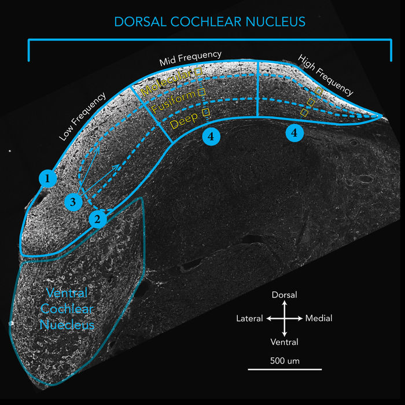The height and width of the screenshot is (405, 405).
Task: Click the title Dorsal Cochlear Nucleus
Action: click(x=209, y=22)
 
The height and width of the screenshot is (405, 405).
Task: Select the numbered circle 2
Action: click(x=98, y=219)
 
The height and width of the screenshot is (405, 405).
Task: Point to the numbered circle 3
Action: click(x=73, y=202)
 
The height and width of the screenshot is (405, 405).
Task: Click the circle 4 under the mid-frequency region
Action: click(x=211, y=136)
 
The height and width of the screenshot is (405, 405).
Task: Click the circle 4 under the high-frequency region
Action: click(x=295, y=132)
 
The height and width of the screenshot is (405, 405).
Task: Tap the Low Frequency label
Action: click(x=83, y=117)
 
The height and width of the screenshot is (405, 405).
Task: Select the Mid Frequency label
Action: click(x=190, y=57)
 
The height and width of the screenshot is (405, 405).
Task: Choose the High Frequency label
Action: click(x=325, y=75)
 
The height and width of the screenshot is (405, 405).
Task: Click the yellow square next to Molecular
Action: click(x=197, y=71)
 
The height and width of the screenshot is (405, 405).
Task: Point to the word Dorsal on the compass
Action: click(x=284, y=295)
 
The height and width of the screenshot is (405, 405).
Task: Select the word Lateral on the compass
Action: click(x=249, y=318)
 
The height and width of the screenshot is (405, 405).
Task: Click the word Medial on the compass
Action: click(x=319, y=318)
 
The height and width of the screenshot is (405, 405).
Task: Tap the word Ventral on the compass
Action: click(x=284, y=342)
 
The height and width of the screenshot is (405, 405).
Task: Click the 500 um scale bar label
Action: click(x=284, y=361)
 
